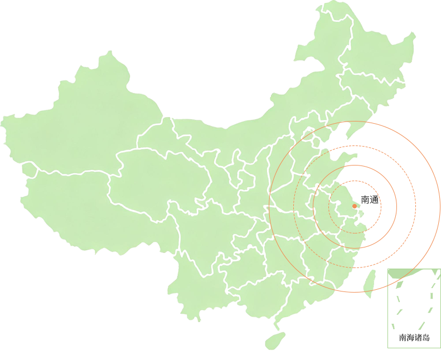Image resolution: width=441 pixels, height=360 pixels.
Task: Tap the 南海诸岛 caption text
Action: (x=414, y=337)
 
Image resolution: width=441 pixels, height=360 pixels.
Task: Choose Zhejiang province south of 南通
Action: (x=351, y=234)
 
